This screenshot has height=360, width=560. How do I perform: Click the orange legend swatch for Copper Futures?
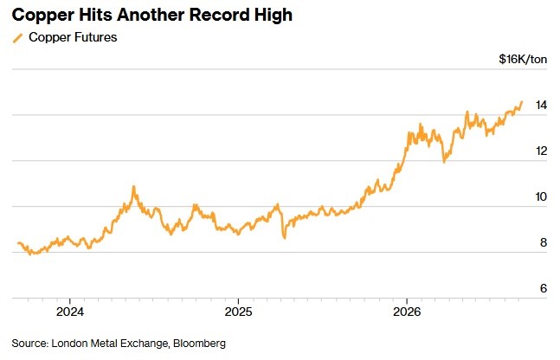[x=17, y=38]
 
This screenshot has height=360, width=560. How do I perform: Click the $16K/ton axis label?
[x=523, y=59]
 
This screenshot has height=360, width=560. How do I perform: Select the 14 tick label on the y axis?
[x=541, y=105]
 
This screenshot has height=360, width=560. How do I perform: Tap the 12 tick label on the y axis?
[x=541, y=151]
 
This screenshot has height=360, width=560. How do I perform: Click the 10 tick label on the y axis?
[x=541, y=196]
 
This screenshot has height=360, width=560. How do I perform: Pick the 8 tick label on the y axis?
[x=544, y=242]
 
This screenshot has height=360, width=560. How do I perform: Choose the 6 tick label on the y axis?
[x=544, y=288]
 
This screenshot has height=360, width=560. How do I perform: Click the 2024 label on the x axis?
[x=70, y=312]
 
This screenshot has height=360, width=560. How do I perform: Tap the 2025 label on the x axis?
[x=238, y=312]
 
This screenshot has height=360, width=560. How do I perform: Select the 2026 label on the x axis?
[x=407, y=312]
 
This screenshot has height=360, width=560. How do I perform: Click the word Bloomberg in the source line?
[x=199, y=344]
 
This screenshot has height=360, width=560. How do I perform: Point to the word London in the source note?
[x=69, y=344]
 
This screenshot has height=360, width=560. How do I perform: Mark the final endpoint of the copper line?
[x=522, y=102]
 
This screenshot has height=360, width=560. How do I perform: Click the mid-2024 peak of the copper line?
[x=134, y=187]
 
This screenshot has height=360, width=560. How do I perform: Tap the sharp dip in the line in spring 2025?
[x=285, y=237]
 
